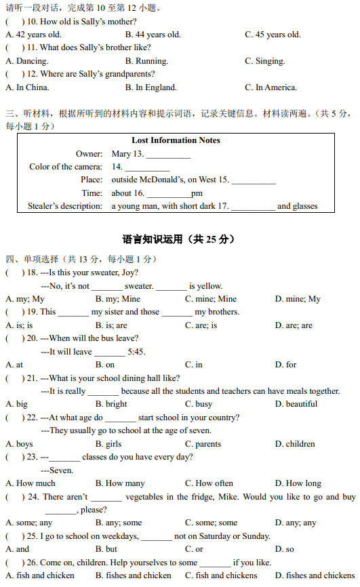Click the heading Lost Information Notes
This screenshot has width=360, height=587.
click(x=176, y=140)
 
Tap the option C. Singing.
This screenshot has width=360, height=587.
click(x=265, y=61)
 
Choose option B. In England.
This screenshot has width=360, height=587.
click(x=151, y=87)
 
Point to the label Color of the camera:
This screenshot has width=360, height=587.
click(x=66, y=167)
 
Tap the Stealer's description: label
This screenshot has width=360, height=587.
click(x=65, y=206)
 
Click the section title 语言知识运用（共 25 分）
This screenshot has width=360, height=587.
click(x=179, y=239)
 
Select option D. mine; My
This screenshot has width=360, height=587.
click(x=298, y=299)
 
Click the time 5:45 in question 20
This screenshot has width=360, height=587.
click(x=136, y=352)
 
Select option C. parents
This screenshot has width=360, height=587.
click(x=203, y=445)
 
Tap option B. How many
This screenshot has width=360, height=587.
click(x=120, y=484)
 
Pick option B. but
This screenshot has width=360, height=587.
click(x=106, y=550)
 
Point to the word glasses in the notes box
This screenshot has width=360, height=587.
click(x=305, y=206)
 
